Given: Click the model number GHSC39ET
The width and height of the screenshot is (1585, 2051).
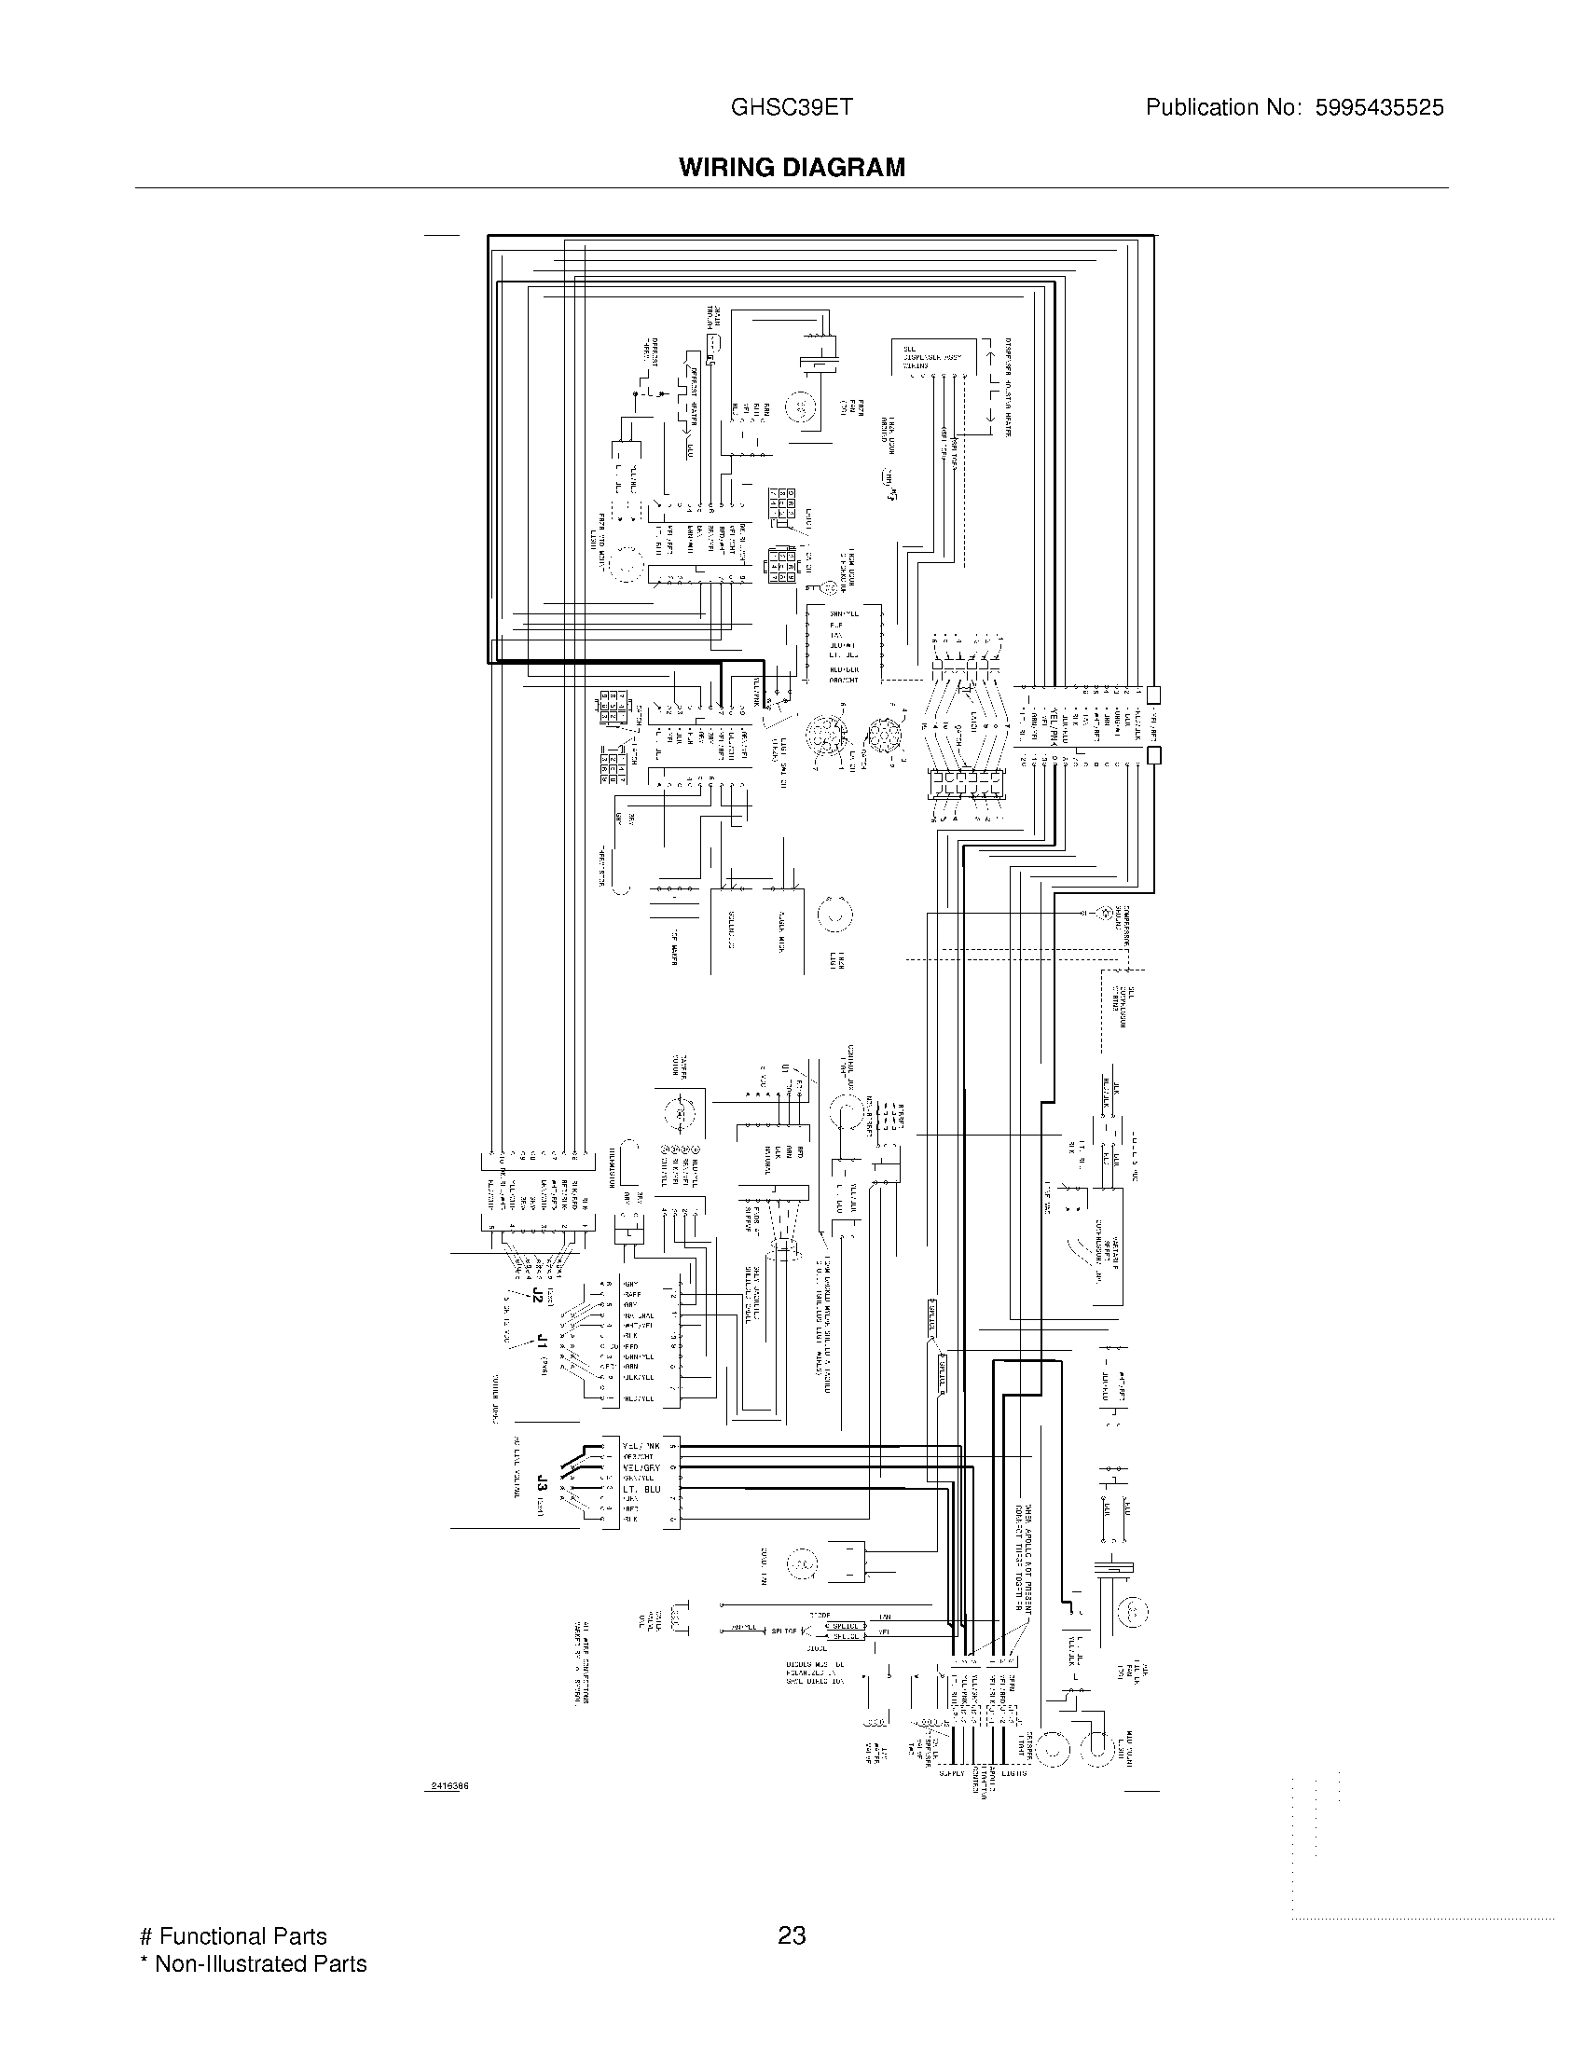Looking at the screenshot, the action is coord(792,107).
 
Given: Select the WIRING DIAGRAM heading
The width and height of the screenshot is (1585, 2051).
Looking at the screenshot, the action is coord(792,167).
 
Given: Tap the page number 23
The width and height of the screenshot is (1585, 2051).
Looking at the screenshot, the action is coord(792,1935).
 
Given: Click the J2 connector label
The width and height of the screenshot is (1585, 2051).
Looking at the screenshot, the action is coord(537,1296).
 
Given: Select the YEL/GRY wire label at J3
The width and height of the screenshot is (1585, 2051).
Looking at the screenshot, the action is coord(641,1466).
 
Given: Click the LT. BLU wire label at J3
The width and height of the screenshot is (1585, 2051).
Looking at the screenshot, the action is coord(641,1489).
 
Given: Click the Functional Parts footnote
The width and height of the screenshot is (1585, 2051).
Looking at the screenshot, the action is coord(233,1935).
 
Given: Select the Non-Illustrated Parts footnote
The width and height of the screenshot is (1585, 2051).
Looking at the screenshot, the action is coord(253,1963).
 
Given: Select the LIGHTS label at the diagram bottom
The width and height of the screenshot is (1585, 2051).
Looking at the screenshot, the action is coord(1013,1772).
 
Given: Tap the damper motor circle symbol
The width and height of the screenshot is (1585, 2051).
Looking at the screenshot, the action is coord(675,1114).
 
